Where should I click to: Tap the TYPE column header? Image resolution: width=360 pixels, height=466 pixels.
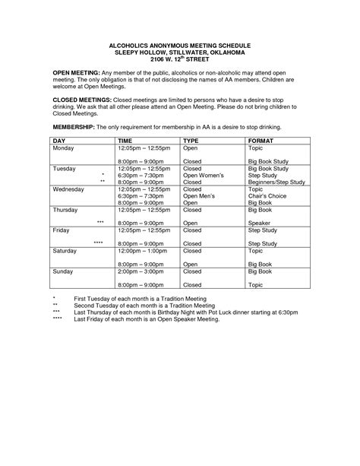(x=191, y=141)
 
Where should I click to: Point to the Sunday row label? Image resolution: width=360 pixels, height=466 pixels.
(x=63, y=270)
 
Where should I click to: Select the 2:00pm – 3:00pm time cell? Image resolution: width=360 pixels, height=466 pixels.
(x=139, y=270)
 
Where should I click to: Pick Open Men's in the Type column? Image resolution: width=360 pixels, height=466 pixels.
(x=201, y=195)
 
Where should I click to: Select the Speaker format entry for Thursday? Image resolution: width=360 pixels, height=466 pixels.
(x=260, y=223)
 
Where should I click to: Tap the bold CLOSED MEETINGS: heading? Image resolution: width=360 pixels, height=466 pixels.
(x=81, y=100)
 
